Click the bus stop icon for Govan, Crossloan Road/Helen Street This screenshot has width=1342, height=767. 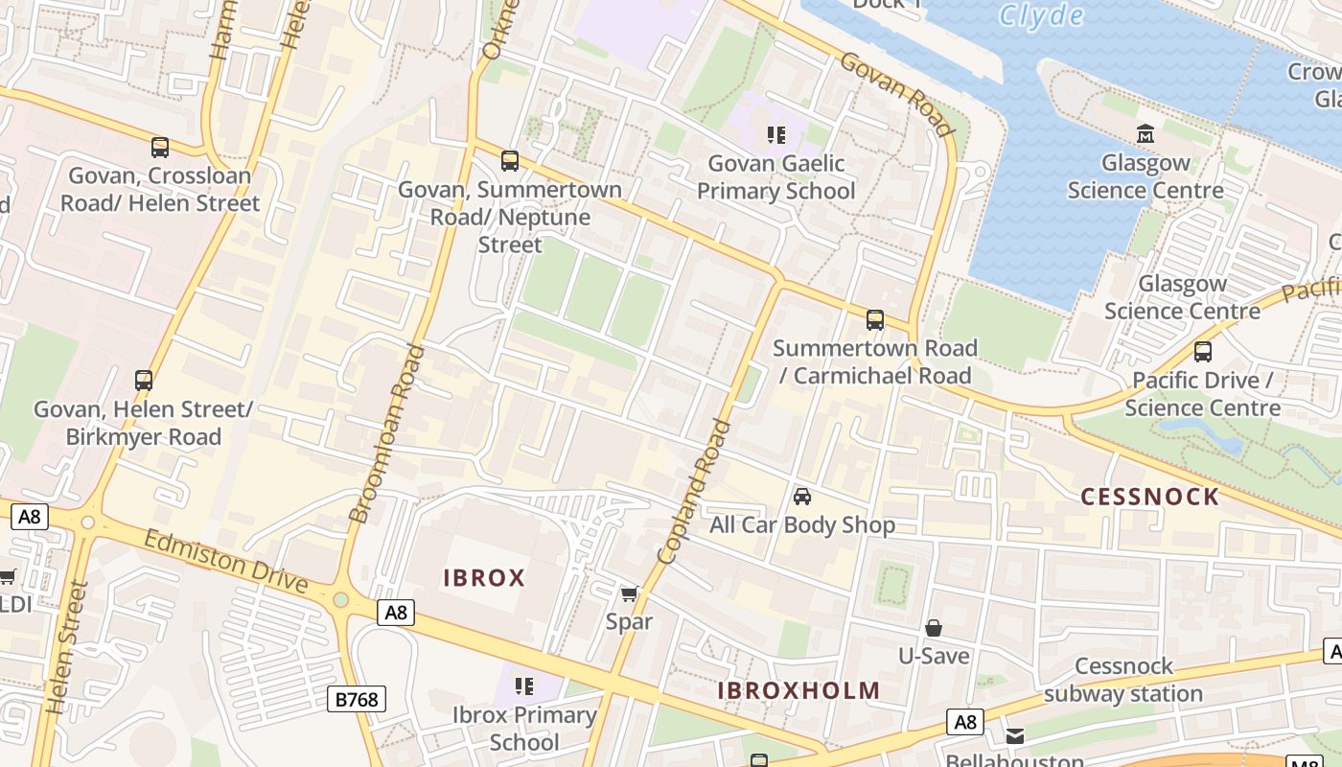coord(160,148)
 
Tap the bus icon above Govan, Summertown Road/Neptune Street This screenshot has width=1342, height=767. coord(510,161)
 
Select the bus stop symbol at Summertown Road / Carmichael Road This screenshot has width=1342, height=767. coord(874,320)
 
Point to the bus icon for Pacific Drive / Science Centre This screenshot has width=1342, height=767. coord(1203,352)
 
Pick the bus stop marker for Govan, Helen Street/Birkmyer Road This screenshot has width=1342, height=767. coord(144,381)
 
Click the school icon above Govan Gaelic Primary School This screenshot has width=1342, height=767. coord(776,135)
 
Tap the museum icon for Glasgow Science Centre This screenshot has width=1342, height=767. coord(1145,133)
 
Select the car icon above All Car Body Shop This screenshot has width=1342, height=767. coord(802,497)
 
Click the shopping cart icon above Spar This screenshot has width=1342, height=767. coord(629,594)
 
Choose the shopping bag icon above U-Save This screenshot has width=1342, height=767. coord(934,628)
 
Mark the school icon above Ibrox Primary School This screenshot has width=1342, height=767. coord(524,686)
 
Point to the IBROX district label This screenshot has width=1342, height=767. coord(484,578)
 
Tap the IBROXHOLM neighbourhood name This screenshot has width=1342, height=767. coord(798,690)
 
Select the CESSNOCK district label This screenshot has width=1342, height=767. coord(1149,497)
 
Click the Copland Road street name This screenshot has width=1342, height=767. coord(695,491)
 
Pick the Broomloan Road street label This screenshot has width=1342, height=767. coord(388,433)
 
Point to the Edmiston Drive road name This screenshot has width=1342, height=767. coord(226,561)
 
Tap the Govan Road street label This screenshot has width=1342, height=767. coord(897,94)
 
